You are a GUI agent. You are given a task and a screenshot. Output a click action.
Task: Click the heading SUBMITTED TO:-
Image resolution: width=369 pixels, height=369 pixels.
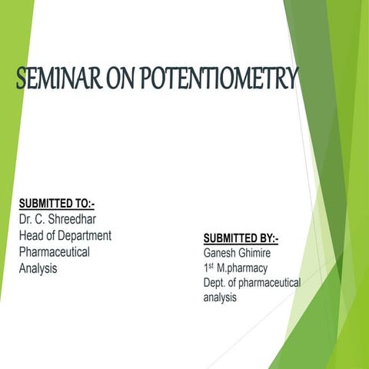(62, 204)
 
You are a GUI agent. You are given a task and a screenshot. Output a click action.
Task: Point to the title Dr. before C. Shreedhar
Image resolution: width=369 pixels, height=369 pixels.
(27, 220)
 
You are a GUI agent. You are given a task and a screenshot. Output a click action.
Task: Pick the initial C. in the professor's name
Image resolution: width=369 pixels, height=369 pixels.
(45, 220)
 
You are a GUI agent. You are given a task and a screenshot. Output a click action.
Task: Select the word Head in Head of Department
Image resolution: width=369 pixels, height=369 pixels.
(32, 236)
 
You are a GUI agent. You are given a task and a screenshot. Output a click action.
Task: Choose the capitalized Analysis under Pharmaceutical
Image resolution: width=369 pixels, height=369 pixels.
(38, 268)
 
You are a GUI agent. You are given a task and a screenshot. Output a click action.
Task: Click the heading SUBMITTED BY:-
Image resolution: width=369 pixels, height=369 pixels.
(241, 238)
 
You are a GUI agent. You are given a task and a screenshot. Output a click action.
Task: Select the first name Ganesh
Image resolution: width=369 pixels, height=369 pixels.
(221, 252)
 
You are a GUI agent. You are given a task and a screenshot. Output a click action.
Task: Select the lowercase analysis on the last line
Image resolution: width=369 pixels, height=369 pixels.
(220, 299)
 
